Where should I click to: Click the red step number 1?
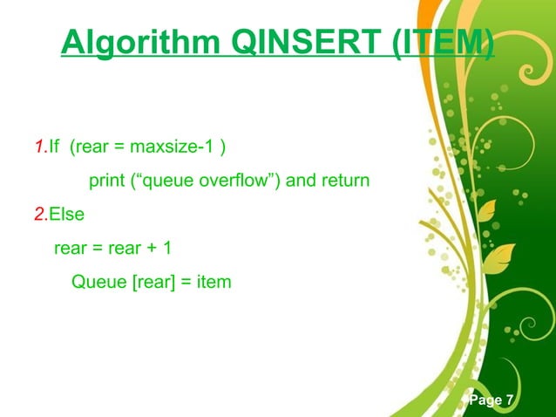point(37,147)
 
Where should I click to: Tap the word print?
point(106,181)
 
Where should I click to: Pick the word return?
point(346,181)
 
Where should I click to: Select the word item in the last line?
point(214,282)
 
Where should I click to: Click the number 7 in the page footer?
point(509,400)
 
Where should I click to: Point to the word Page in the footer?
point(485,400)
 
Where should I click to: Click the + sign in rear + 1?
point(151,249)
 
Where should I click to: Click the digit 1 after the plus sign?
point(166,249)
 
